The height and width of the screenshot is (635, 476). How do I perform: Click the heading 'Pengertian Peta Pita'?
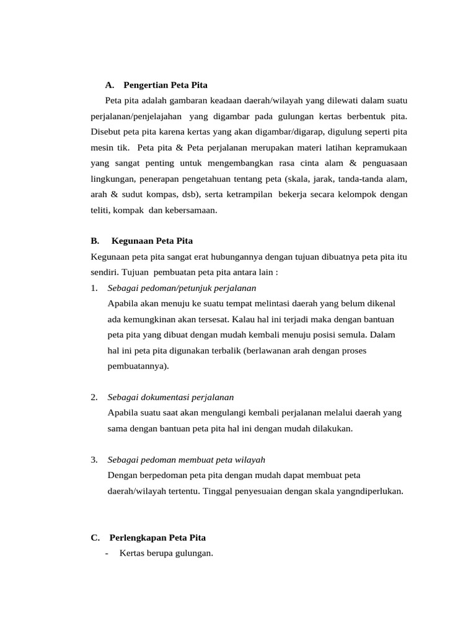tap(165, 84)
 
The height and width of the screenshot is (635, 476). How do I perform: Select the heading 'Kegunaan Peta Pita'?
tap(152, 241)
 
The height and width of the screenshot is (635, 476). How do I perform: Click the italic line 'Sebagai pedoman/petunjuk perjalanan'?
tap(182, 288)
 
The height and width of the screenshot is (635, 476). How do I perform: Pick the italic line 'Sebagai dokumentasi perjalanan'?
tap(170, 397)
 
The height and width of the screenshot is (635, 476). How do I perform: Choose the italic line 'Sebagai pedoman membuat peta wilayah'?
tap(186, 460)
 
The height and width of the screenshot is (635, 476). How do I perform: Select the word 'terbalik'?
tap(226, 350)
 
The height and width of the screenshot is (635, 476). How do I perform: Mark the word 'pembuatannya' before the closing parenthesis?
tap(136, 366)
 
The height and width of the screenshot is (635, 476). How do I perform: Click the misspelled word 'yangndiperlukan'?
tap(371, 491)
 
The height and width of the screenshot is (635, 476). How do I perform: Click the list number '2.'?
tap(94, 397)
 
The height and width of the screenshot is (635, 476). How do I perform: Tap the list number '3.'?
tap(94, 460)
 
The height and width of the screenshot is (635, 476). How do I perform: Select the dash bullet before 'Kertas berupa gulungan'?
tap(108, 553)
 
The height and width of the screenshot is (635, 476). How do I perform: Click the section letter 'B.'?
tap(95, 241)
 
